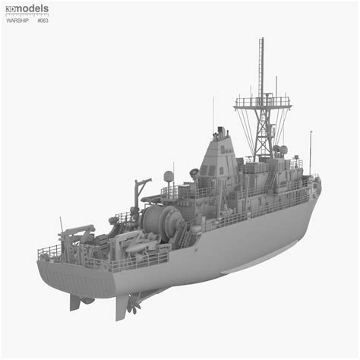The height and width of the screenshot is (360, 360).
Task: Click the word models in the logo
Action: pyautogui.click(x=33, y=8)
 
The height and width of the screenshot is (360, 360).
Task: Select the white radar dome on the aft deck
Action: pyautogui.click(x=168, y=177)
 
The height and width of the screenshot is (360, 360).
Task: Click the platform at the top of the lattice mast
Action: pyautogui.click(x=262, y=101)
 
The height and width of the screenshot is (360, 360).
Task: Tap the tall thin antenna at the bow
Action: pyautogui.click(x=310, y=152)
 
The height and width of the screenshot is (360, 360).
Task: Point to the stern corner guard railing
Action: pyautogui.click(x=49, y=251)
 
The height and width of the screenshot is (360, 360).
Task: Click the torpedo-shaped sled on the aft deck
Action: pyautogui.click(x=141, y=245)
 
